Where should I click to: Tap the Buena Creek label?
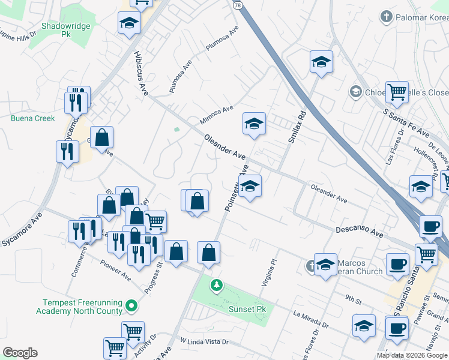32,118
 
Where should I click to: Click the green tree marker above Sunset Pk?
215,286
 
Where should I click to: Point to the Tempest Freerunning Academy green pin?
132,307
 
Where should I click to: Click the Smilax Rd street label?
297,127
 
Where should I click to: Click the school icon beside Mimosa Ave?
254,124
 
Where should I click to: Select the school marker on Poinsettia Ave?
250,187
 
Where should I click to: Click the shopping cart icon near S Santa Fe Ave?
397,92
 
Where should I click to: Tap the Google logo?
20,353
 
